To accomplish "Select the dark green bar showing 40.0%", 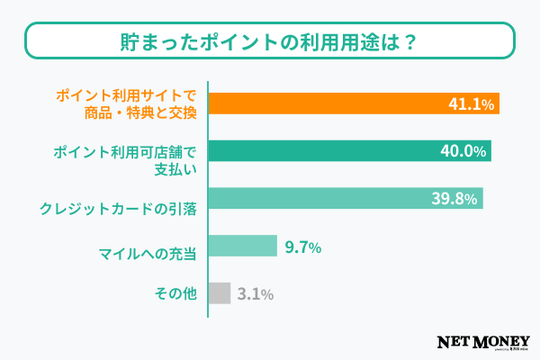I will pos(349,150).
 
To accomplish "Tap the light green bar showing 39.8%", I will pos(346,198).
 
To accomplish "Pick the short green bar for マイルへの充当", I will pos(242,246).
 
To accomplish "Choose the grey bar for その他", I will pos(220,293).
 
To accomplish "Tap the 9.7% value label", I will pos(302,247).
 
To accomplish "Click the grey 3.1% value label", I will pos(256,294).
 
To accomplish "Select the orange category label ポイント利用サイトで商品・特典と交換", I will pos(125,103).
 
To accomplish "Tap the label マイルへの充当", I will pos(146,247).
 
